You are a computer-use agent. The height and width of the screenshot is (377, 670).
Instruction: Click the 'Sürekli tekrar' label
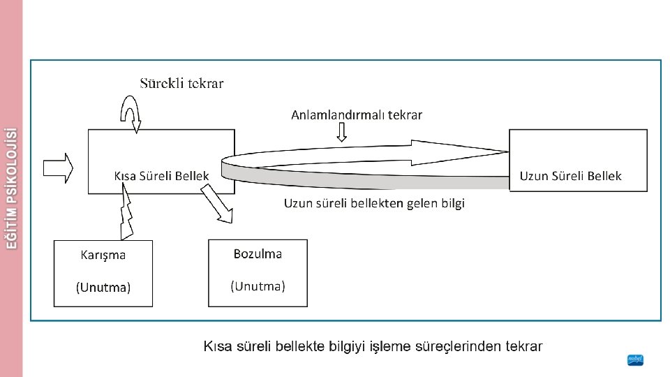(x=181, y=84)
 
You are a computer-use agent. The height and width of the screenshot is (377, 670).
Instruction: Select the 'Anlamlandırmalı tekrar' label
(x=356, y=114)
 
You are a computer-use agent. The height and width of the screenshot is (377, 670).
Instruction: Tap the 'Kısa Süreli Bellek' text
(x=161, y=176)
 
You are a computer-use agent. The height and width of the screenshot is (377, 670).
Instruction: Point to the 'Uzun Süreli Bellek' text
(x=570, y=176)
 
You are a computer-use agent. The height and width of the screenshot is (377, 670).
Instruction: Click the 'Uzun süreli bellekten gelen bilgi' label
(x=374, y=203)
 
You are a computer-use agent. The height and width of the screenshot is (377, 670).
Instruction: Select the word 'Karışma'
(x=103, y=255)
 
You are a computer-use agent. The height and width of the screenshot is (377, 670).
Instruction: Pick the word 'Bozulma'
(x=258, y=253)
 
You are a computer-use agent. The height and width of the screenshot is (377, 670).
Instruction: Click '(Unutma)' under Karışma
(x=103, y=287)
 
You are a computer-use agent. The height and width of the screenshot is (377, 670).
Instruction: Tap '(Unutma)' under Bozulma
(x=258, y=286)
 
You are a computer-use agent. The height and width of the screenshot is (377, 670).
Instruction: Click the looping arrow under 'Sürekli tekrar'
(x=131, y=112)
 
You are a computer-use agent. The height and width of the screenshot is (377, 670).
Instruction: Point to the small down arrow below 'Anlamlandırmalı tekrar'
(x=341, y=133)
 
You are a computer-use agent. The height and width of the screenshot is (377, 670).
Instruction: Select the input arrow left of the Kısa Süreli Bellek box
(x=58, y=168)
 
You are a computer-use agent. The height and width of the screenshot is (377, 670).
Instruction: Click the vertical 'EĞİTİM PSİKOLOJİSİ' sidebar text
(x=10, y=188)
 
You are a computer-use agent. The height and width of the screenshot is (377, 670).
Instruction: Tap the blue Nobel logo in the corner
(x=634, y=360)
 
